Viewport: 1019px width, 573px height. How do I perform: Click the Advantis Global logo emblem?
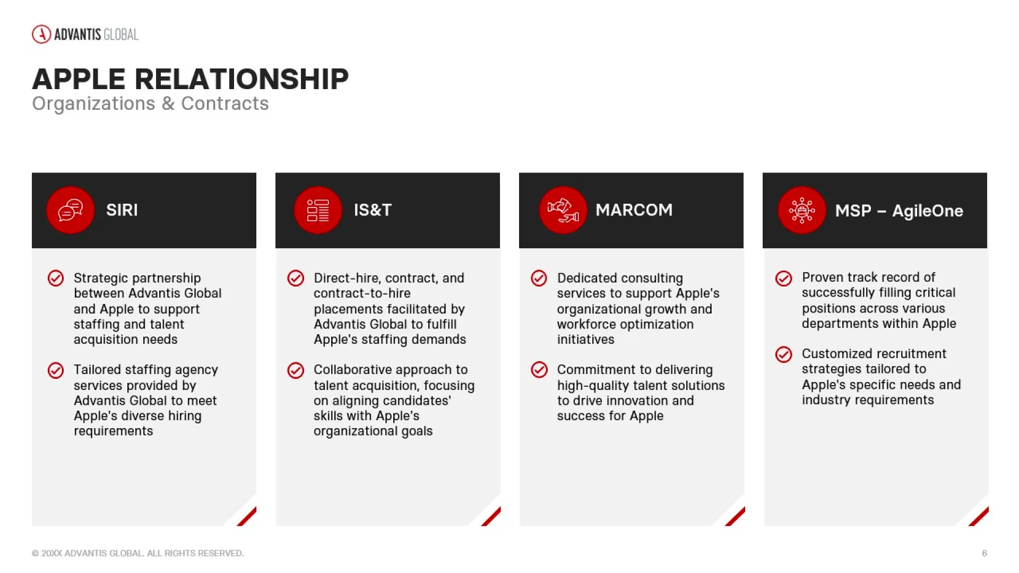click(41, 34)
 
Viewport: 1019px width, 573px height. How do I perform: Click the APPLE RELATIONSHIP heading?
click(191, 79)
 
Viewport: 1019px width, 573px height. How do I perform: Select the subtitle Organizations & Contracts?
click(150, 103)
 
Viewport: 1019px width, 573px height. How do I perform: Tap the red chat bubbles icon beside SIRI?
click(70, 210)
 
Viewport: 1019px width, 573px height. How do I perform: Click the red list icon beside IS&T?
click(318, 210)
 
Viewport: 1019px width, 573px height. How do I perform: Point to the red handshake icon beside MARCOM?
click(563, 210)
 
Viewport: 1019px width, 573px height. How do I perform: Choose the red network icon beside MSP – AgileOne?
click(802, 210)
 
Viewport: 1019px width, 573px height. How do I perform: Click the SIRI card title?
click(122, 210)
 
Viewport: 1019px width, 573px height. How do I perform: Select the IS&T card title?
click(373, 210)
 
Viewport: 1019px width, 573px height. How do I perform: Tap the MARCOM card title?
click(634, 210)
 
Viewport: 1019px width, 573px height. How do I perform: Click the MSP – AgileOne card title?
click(899, 211)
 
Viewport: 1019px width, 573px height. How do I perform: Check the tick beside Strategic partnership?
click(56, 278)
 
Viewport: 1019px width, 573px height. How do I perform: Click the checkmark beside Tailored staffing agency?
click(56, 370)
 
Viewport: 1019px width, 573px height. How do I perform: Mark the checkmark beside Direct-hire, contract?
click(296, 278)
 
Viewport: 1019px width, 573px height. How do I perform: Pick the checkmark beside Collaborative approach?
click(296, 370)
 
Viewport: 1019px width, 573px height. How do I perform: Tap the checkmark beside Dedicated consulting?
click(539, 278)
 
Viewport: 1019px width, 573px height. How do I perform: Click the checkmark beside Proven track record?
click(783, 278)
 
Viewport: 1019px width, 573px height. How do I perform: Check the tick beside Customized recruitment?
click(783, 354)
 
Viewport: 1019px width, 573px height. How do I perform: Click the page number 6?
click(984, 553)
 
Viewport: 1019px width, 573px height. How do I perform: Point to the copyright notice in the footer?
click(138, 553)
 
